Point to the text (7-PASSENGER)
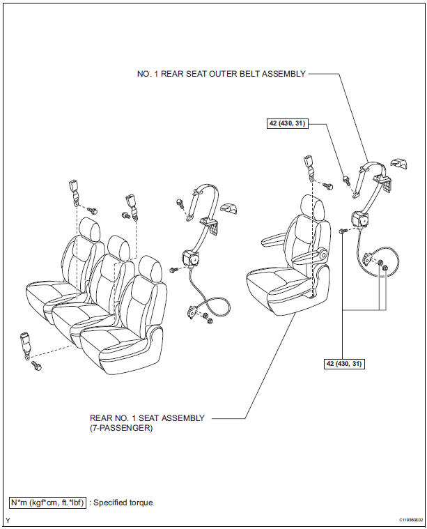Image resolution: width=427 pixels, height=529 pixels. [121, 429]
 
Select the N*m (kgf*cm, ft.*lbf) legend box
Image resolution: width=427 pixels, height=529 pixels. [47, 503]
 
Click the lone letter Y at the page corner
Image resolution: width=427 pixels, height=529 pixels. [8, 520]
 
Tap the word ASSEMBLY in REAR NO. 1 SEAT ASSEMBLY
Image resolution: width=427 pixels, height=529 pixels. [183, 418]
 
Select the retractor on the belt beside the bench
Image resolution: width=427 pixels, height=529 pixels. [189, 259]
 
